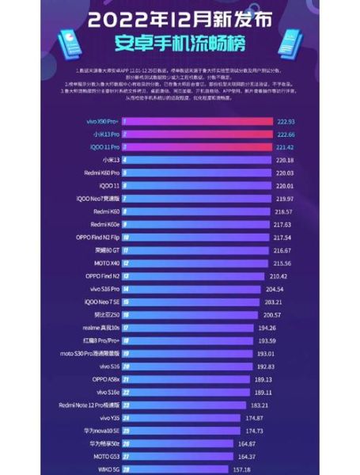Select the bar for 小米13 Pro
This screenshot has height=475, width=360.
198,135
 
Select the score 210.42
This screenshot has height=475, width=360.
279,275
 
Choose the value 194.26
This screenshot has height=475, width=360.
266,327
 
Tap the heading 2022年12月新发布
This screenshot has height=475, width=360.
180,17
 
